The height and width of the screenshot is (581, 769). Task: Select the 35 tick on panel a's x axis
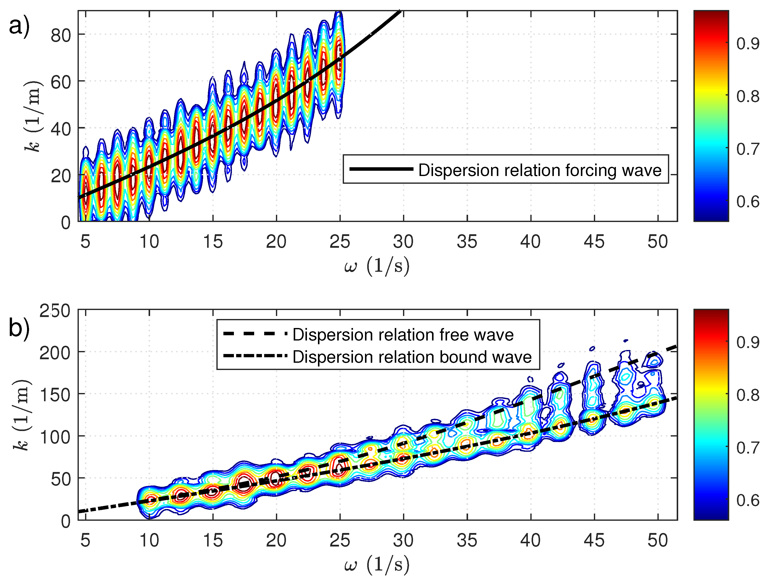point(467,241)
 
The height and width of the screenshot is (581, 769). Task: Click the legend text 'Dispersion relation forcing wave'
point(540,170)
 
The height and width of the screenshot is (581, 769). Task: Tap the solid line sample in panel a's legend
point(381,169)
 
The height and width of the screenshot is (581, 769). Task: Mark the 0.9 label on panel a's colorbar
point(747,44)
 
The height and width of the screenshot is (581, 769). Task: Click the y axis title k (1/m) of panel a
point(33,116)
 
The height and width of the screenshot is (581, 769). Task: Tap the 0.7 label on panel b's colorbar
point(747,448)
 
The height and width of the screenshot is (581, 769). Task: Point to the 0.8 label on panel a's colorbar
point(747,96)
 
